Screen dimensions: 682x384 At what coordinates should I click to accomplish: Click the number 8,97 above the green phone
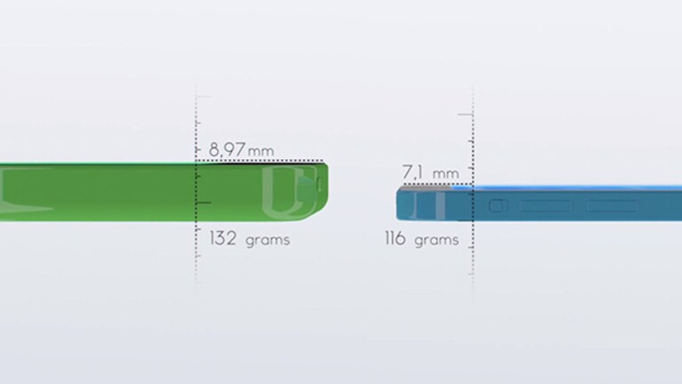click(x=227, y=149)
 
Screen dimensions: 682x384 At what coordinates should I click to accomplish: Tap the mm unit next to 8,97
click(x=261, y=151)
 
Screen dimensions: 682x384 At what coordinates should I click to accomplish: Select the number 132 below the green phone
click(x=223, y=238)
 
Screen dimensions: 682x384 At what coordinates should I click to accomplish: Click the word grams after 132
click(x=268, y=241)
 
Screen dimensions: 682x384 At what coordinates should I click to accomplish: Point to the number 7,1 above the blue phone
click(x=413, y=172)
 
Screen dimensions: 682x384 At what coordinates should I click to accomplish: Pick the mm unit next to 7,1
click(x=445, y=174)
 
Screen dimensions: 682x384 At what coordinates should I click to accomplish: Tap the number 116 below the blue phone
click(x=396, y=238)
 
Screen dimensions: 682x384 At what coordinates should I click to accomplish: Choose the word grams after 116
click(x=437, y=241)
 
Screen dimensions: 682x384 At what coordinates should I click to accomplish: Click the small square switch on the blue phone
click(x=499, y=205)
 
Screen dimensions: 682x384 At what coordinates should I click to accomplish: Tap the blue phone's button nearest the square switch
click(x=545, y=205)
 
